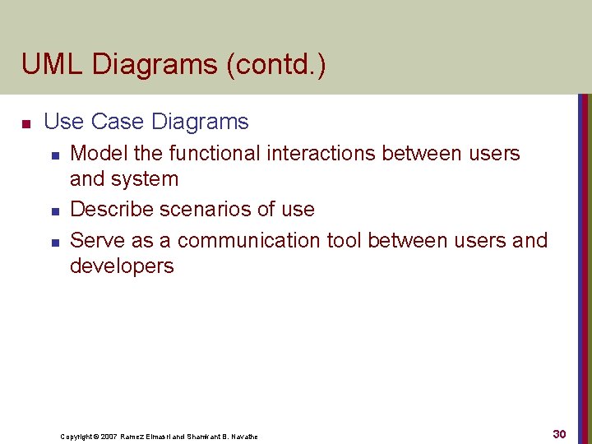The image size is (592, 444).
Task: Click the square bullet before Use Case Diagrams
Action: (25, 123)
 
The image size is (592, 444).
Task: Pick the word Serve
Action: (96, 240)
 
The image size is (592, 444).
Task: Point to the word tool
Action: (345, 240)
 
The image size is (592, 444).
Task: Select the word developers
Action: (122, 266)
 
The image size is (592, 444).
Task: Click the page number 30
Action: (559, 433)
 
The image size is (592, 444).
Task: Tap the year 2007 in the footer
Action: (108, 436)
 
